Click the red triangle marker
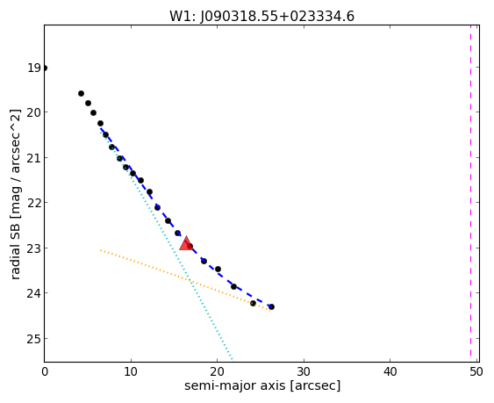pyautogui.click(x=186, y=243)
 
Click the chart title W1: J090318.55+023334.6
pyautogui.click(x=261, y=16)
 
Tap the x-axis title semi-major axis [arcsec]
pyautogui.click(x=262, y=385)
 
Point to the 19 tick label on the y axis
pyautogui.click(x=33, y=68)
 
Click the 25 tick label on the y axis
pyautogui.click(x=33, y=339)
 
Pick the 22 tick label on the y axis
pyautogui.click(x=33, y=203)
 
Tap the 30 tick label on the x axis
pyautogui.click(x=304, y=372)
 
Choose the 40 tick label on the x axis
pyautogui.click(x=390, y=372)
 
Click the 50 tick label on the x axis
pyautogui.click(x=476, y=372)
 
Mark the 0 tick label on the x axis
pyautogui.click(x=45, y=372)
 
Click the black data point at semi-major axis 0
pyautogui.click(x=45, y=68)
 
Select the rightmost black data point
pyautogui.click(x=271, y=306)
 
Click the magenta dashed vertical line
pyautogui.click(x=470, y=193)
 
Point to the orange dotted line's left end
pyautogui.click(x=101, y=250)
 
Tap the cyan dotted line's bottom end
pyautogui.click(x=233, y=360)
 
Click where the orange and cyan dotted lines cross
pyautogui.click(x=189, y=278)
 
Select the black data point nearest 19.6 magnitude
pyautogui.click(x=81, y=93)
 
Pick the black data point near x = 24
pyautogui.click(x=253, y=304)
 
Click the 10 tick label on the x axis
pyautogui.click(x=131, y=372)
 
